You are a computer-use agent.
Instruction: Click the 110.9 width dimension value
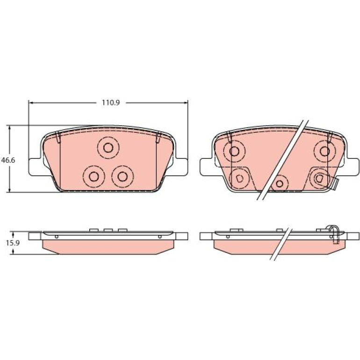click(x=111, y=102)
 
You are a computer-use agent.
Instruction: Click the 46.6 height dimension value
click(x=8, y=160)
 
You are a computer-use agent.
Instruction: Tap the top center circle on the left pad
click(x=108, y=148)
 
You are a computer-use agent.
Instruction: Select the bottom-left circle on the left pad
click(x=94, y=176)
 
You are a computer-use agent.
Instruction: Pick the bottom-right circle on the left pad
click(x=122, y=176)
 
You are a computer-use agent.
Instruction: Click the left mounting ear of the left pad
click(x=35, y=167)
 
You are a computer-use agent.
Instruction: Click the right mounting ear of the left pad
click(x=181, y=167)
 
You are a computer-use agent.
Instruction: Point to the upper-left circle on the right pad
click(x=234, y=151)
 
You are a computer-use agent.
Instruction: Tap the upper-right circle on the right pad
click(x=324, y=151)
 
